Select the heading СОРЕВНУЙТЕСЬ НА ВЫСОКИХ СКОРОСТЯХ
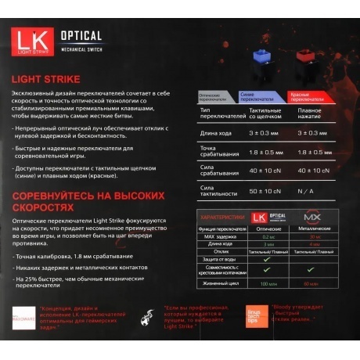pos(88,200)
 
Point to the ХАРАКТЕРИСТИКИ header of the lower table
pos(223,217)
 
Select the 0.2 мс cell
pos(268,236)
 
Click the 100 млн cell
pos(268,283)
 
